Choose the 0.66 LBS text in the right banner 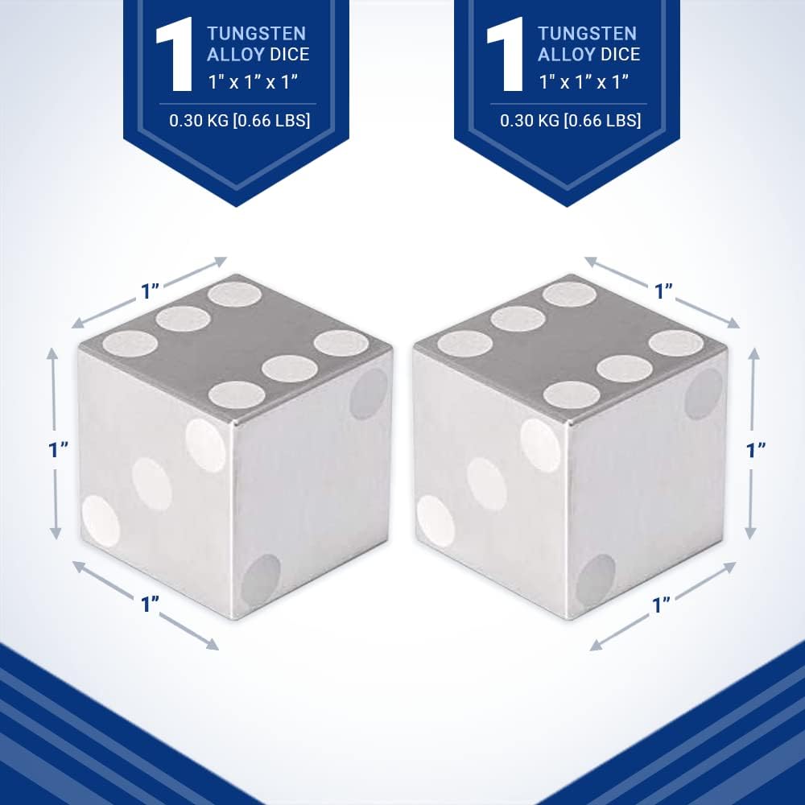pyautogui.click(x=604, y=121)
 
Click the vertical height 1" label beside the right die pyautogui.click(x=756, y=450)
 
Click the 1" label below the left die pyautogui.click(x=151, y=603)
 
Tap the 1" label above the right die pyautogui.click(x=663, y=291)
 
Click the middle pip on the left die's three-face pyautogui.click(x=152, y=484)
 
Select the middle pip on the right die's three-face pyautogui.click(x=486, y=484)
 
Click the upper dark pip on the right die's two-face pyautogui.click(x=704, y=394)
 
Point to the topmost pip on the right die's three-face pyautogui.click(x=540, y=445)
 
